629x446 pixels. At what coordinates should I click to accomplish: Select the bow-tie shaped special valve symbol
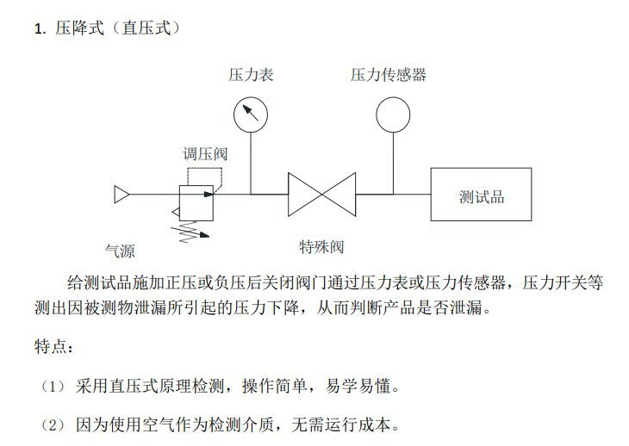pos(321,195)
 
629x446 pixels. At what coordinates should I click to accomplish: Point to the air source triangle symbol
pos(121,195)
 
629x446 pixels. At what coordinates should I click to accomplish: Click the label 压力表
pos(251,75)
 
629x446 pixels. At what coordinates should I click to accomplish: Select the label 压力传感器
pos(389,75)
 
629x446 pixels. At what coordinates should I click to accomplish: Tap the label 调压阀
pos(205,154)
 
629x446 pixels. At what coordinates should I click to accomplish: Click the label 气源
pos(120,251)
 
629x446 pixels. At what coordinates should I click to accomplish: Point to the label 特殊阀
pos(321,247)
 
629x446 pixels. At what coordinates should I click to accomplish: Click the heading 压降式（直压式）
pos(118,28)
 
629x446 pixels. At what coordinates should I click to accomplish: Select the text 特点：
pos(54,346)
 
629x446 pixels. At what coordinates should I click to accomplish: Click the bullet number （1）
pos(53,387)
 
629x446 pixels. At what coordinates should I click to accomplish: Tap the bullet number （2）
pos(53,425)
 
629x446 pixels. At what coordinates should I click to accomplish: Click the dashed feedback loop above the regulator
pos(204,169)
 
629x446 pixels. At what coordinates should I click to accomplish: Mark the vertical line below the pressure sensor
pos(393,164)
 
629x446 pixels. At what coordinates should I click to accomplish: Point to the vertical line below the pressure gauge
pos(251,164)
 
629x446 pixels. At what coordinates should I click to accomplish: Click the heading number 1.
pos(40,29)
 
